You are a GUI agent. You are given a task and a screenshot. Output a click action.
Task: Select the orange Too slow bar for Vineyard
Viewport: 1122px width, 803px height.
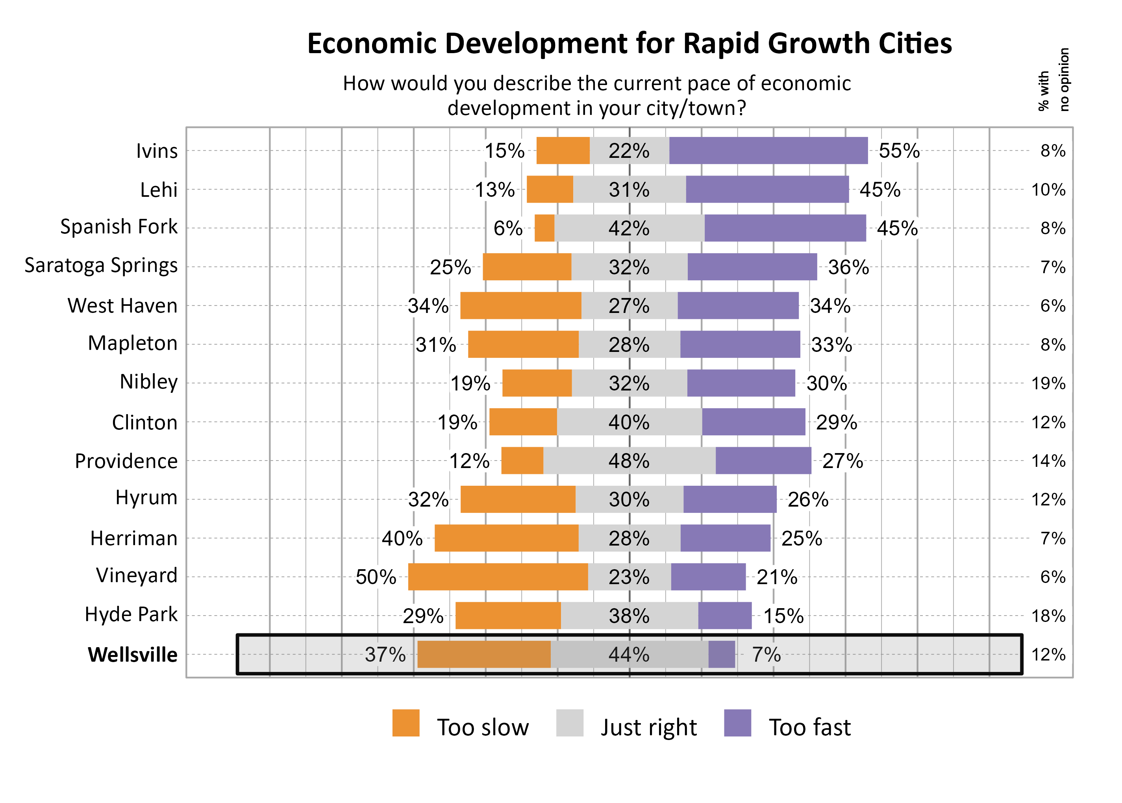pyautogui.click(x=498, y=577)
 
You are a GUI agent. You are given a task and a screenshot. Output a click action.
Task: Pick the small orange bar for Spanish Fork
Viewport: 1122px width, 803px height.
pyautogui.click(x=544, y=228)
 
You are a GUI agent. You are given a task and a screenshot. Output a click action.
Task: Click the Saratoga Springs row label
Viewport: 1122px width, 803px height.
pyautogui.click(x=101, y=266)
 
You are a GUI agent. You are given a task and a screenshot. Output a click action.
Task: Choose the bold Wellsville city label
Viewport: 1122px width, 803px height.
pyautogui.click(x=133, y=655)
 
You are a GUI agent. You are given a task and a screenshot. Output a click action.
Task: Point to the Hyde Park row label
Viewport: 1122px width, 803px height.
pyautogui.click(x=131, y=614)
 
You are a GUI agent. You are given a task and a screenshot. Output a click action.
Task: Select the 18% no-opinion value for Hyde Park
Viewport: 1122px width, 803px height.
pyautogui.click(x=1048, y=616)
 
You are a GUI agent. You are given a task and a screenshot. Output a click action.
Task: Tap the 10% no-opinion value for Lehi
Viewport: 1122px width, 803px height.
pyautogui.click(x=1048, y=190)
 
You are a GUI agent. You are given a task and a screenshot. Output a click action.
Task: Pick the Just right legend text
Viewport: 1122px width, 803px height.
pyautogui.click(x=648, y=727)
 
